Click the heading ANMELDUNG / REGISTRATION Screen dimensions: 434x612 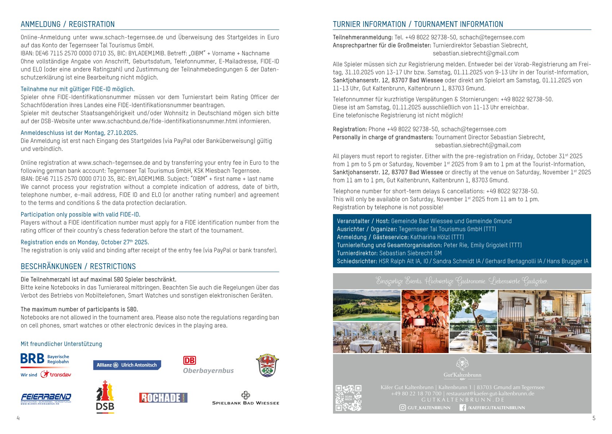pos(67,24)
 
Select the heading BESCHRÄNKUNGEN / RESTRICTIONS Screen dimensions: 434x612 pos(78,267)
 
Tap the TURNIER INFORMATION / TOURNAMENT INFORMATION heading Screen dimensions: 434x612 pos(418,24)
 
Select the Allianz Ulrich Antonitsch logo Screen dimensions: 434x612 pos(127,365)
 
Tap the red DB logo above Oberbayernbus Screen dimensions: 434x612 pos(189,360)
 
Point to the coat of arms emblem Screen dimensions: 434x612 pos(267,365)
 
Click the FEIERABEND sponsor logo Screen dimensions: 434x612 pos(46,398)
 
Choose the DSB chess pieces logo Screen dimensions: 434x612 pos(105,397)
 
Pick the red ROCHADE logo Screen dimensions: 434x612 pos(163,398)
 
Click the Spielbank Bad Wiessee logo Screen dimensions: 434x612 pos(245,398)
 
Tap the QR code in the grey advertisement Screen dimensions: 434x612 pos(348,398)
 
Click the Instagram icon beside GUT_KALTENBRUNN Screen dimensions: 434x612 pos(403,408)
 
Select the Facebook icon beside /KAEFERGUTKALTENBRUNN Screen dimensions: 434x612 pos(462,408)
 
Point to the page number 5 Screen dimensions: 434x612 pos(594,418)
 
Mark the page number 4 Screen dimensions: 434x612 pos(18,418)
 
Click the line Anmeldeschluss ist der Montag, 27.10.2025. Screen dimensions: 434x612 pos(79,133)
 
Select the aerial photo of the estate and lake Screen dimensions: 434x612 pos(367,306)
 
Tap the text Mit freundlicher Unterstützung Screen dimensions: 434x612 pos(61,344)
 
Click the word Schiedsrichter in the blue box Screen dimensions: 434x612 pos(356,261)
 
